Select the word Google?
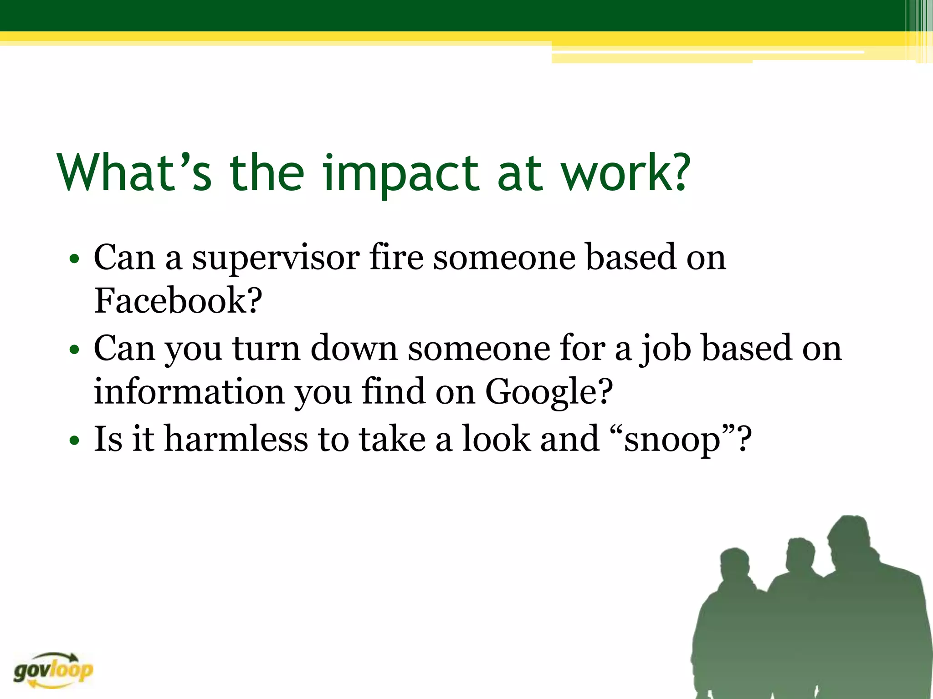point(549,392)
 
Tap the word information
point(189,391)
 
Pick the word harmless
point(236,439)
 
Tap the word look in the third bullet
point(497,439)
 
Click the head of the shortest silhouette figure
point(734,567)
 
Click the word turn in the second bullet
point(266,349)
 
